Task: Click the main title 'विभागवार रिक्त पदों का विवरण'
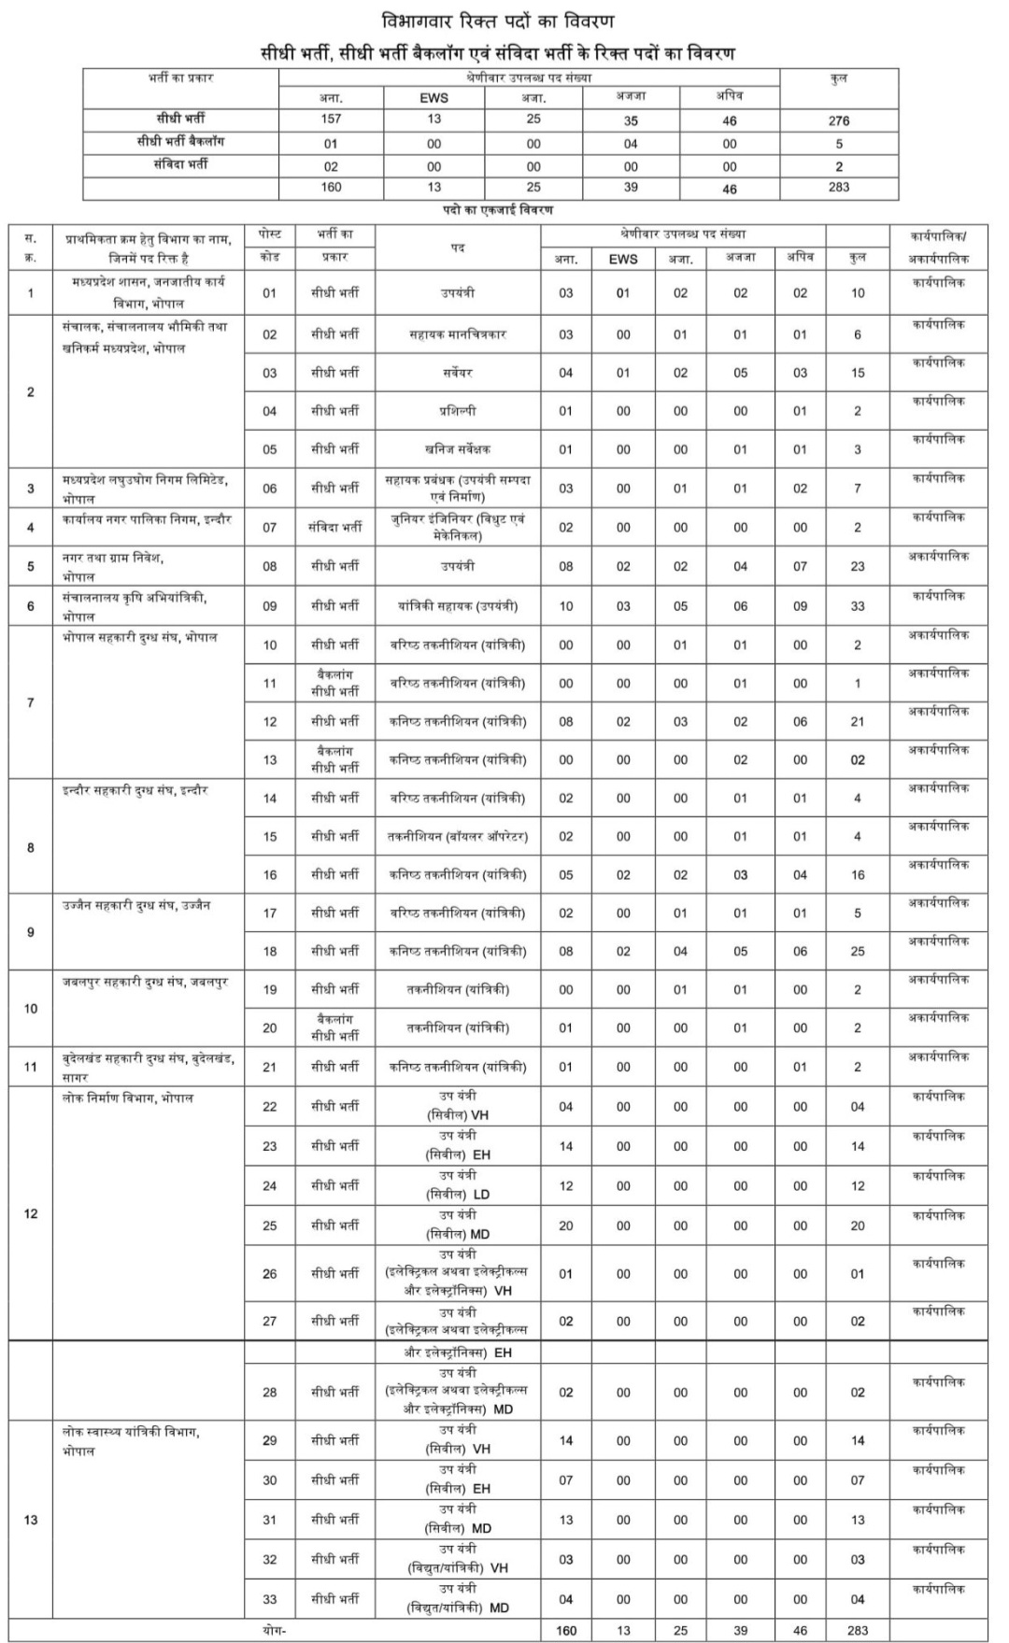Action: click(498, 21)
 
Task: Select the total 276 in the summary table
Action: click(838, 120)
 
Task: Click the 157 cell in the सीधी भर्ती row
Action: click(331, 119)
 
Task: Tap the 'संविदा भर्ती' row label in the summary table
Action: click(181, 164)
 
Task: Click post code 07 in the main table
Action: click(269, 528)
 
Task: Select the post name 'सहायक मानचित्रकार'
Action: click(458, 334)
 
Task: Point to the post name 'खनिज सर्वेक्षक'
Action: click(458, 449)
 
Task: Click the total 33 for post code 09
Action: click(857, 606)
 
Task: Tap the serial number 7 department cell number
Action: click(31, 702)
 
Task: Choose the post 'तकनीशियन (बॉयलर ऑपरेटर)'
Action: click(458, 837)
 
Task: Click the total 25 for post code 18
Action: click(857, 952)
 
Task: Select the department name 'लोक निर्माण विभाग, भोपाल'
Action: click(128, 1098)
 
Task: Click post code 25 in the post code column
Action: click(269, 1225)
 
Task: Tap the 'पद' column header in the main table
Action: click(458, 248)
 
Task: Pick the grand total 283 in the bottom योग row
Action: click(857, 1630)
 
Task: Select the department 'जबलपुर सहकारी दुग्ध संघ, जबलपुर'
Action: click(146, 983)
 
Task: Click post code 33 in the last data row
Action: click(269, 1599)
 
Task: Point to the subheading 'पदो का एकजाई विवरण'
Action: click(498, 211)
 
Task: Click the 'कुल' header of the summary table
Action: click(838, 78)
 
